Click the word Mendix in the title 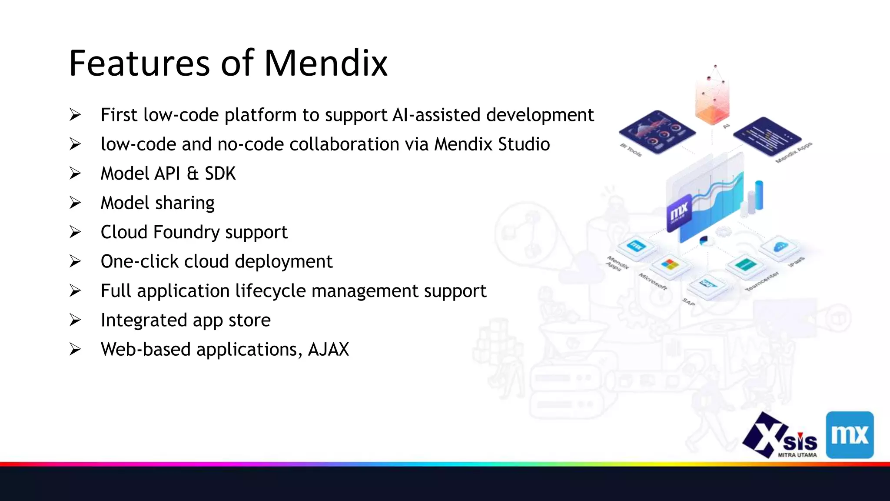(325, 63)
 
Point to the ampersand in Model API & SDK (193, 174)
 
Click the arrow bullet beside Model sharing (75, 203)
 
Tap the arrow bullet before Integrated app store (75, 321)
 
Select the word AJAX (328, 350)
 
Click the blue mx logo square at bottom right (849, 435)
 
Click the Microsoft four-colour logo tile (670, 265)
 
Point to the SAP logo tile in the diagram (707, 285)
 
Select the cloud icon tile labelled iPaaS (780, 247)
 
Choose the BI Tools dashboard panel (657, 130)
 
